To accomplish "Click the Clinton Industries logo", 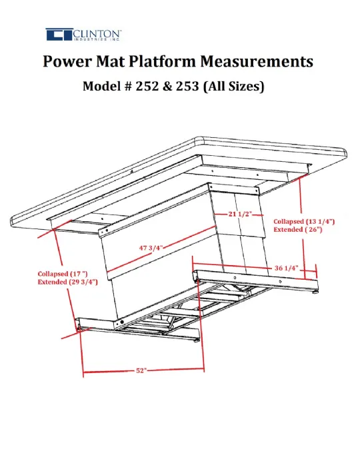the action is coord(83,35).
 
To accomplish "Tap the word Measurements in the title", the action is coord(257,61).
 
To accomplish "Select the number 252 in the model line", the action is coord(146,86).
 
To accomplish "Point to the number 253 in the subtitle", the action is coord(187,86).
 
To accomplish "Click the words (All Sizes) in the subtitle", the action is coord(233,87).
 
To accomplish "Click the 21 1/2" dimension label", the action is coord(240,214).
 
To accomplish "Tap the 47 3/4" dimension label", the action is coord(151,247).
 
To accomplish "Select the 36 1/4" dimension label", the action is coord(286,268).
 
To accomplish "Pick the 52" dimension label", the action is coord(141,370).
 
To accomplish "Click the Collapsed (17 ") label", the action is coord(63,274).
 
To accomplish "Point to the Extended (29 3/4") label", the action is coord(68,282).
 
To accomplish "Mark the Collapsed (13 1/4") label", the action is coord(304,221).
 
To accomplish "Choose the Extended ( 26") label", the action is coord(297,229).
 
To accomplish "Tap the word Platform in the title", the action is coord(162,61).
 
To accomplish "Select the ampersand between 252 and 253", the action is coord(167,86).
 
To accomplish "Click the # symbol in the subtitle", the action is coord(126,87).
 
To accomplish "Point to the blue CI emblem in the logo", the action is coord(59,35).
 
